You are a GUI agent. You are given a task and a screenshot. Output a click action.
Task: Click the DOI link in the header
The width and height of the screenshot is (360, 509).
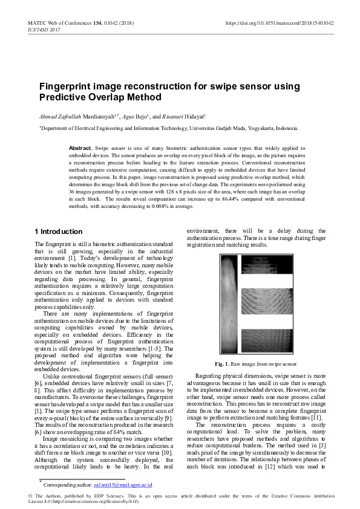click(x=280, y=22)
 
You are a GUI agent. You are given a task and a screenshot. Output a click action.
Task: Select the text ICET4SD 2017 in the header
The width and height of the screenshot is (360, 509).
click(x=44, y=28)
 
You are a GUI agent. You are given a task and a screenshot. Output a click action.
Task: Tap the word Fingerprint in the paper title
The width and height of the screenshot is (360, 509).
click(x=63, y=86)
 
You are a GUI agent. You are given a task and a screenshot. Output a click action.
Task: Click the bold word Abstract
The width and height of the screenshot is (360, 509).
click(x=80, y=148)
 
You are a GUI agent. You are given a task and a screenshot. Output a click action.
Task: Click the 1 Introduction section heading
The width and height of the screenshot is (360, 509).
click(x=58, y=232)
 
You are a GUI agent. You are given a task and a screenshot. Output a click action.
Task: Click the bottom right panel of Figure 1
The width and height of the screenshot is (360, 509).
click(x=266, y=343)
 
